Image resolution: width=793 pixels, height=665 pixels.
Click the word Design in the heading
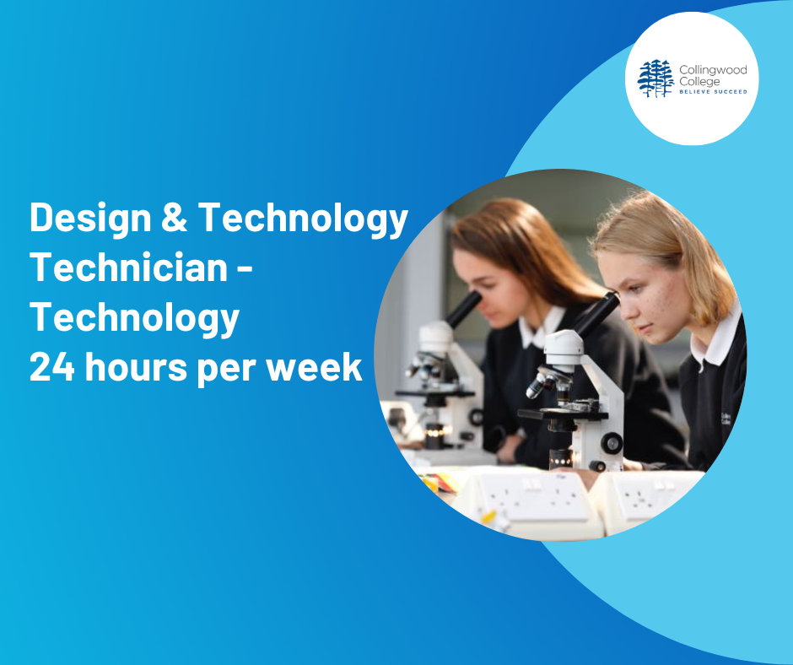[90, 219]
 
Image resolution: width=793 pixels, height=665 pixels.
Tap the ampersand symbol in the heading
[175, 217]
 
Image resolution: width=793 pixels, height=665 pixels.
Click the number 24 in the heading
[52, 366]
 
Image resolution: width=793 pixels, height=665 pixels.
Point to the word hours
[137, 366]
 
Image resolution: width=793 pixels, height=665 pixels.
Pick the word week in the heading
[314, 366]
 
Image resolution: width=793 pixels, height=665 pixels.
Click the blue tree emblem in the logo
[656, 78]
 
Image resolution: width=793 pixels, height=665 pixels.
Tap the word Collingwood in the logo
[713, 70]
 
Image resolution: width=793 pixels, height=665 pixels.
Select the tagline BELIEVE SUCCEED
[713, 92]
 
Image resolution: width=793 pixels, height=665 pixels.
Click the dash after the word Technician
[245, 268]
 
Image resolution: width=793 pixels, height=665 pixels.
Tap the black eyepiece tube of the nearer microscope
[596, 313]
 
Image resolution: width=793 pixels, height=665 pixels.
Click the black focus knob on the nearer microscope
[612, 443]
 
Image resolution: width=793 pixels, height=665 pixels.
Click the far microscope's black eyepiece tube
[463, 309]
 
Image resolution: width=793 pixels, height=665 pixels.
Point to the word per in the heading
[227, 370]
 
